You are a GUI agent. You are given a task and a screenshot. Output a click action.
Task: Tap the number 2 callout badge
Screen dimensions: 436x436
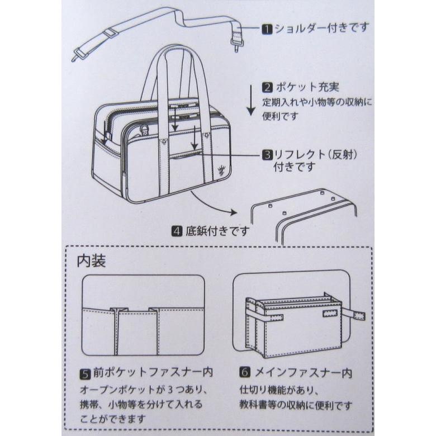point(267,87)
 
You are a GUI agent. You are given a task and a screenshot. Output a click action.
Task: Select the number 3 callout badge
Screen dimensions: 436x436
point(267,154)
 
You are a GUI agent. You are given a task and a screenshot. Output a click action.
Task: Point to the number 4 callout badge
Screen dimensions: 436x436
point(177,230)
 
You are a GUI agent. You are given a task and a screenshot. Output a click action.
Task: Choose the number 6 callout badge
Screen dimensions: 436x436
point(244,372)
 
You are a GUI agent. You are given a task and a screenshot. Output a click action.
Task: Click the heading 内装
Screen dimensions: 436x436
point(91,262)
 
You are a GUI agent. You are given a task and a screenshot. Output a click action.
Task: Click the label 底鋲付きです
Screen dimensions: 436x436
point(216,230)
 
